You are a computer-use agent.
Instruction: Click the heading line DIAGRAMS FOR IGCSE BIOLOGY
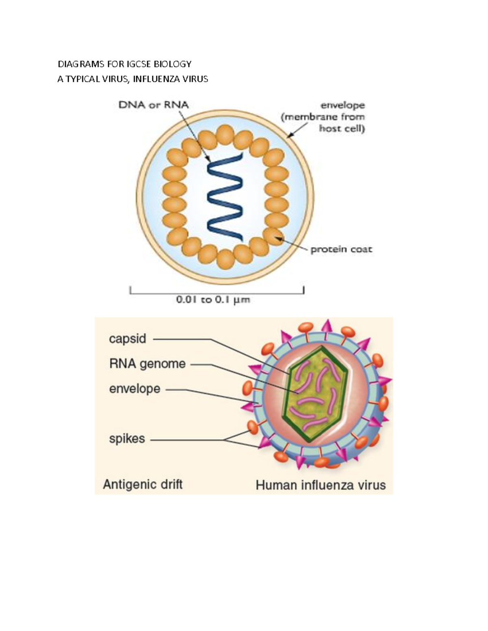pyautogui.click(x=124, y=64)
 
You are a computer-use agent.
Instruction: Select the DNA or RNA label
pyautogui.click(x=153, y=105)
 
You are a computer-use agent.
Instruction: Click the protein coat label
pyautogui.click(x=341, y=249)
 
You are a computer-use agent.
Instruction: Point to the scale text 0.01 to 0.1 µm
pyautogui.click(x=213, y=300)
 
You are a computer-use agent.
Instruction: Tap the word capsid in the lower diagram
pyautogui.click(x=127, y=339)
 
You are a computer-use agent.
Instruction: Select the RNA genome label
pyautogui.click(x=147, y=364)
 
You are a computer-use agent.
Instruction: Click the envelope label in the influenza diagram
pyautogui.click(x=135, y=389)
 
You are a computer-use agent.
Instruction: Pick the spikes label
pyautogui.click(x=127, y=439)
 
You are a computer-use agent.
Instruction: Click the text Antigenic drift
pyautogui.click(x=142, y=484)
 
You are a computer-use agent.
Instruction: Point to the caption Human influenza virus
pyautogui.click(x=320, y=485)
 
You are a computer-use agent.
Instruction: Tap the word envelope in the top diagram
pyautogui.click(x=342, y=106)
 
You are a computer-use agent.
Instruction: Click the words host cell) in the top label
pyautogui.click(x=342, y=129)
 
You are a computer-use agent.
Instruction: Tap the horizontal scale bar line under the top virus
pyautogui.click(x=217, y=293)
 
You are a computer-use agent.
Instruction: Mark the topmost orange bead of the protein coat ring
pyautogui.click(x=225, y=134)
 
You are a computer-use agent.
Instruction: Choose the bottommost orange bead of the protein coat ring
pyautogui.click(x=225, y=259)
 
